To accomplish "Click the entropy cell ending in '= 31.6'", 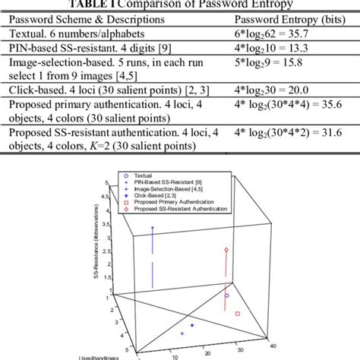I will (x=292, y=144).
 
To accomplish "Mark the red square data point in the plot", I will (x=238, y=313).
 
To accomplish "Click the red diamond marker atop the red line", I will (x=227, y=250).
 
